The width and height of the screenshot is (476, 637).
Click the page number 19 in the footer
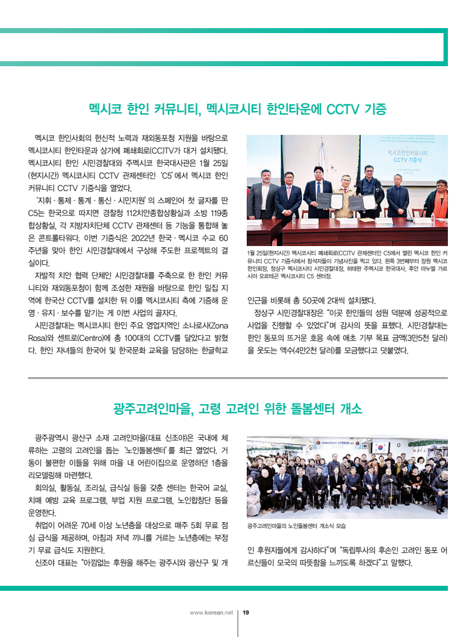coord(246,612)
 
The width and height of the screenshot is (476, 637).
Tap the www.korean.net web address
coord(211,612)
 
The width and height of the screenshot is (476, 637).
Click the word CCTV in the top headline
coord(348,109)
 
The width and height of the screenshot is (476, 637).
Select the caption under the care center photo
coord(297,526)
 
